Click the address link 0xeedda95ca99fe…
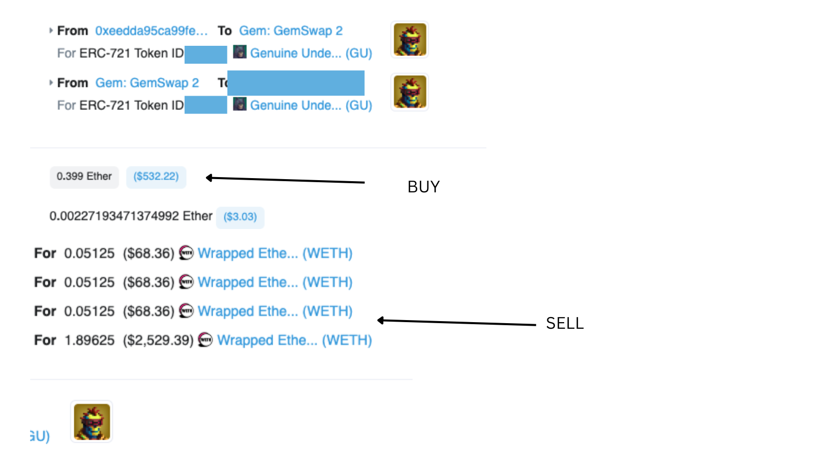[x=151, y=31]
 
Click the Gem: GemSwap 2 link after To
[x=290, y=31]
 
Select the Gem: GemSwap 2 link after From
[x=147, y=83]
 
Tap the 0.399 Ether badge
[x=84, y=177]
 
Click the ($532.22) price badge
[x=156, y=177]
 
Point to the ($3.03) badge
[x=240, y=217]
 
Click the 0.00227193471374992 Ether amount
[x=131, y=216]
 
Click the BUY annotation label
[x=423, y=187]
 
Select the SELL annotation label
[x=565, y=323]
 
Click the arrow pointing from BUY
[x=285, y=180]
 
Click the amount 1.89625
[x=90, y=340]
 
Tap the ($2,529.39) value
[x=158, y=340]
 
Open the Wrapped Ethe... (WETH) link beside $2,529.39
[x=295, y=340]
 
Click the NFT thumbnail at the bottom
[x=92, y=422]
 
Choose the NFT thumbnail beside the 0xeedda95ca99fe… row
[x=410, y=40]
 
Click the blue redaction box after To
[x=296, y=83]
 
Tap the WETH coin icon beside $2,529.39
[x=205, y=340]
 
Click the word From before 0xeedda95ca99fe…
[x=72, y=31]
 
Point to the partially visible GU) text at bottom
[x=40, y=436]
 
